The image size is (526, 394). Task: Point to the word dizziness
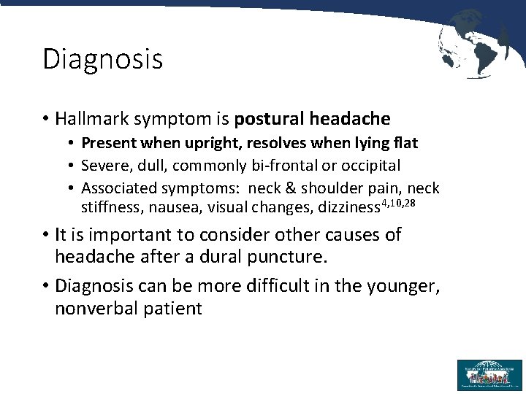[349, 208]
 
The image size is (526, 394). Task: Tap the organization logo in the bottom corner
[489, 374]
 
